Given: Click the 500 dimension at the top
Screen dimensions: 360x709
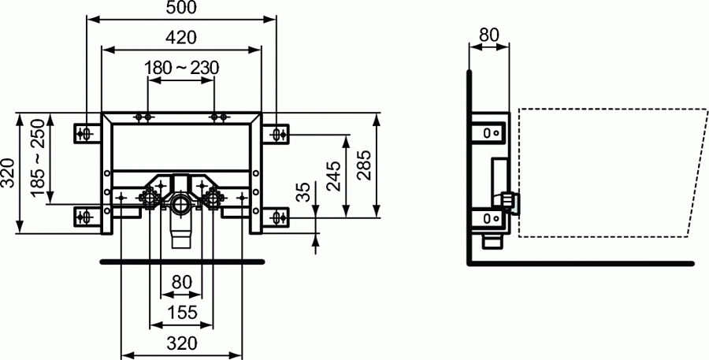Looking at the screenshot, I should pyautogui.click(x=180, y=8).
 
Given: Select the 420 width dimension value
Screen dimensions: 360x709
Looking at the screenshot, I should pyautogui.click(x=180, y=37).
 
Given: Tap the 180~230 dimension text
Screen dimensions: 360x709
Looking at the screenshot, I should pyautogui.click(x=181, y=69).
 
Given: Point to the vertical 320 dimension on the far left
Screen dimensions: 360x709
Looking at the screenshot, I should pyautogui.click(x=8, y=173).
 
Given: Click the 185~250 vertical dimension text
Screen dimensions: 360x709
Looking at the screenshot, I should pyautogui.click(x=36, y=158).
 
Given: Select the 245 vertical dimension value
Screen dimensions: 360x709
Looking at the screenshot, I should pyautogui.click(x=333, y=175).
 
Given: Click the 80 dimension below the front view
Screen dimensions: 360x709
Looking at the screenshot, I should pyautogui.click(x=181, y=282).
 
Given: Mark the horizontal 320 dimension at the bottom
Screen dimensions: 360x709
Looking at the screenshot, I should pyautogui.click(x=181, y=343).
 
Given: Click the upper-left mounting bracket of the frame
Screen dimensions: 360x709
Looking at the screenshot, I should pyautogui.click(x=84, y=133).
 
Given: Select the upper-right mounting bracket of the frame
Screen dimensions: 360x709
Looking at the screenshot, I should pyautogui.click(x=279, y=133).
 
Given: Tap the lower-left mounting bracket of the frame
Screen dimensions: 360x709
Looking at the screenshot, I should pyautogui.click(x=84, y=215).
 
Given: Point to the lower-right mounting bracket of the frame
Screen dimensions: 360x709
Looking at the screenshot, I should pyautogui.click(x=279, y=215).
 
